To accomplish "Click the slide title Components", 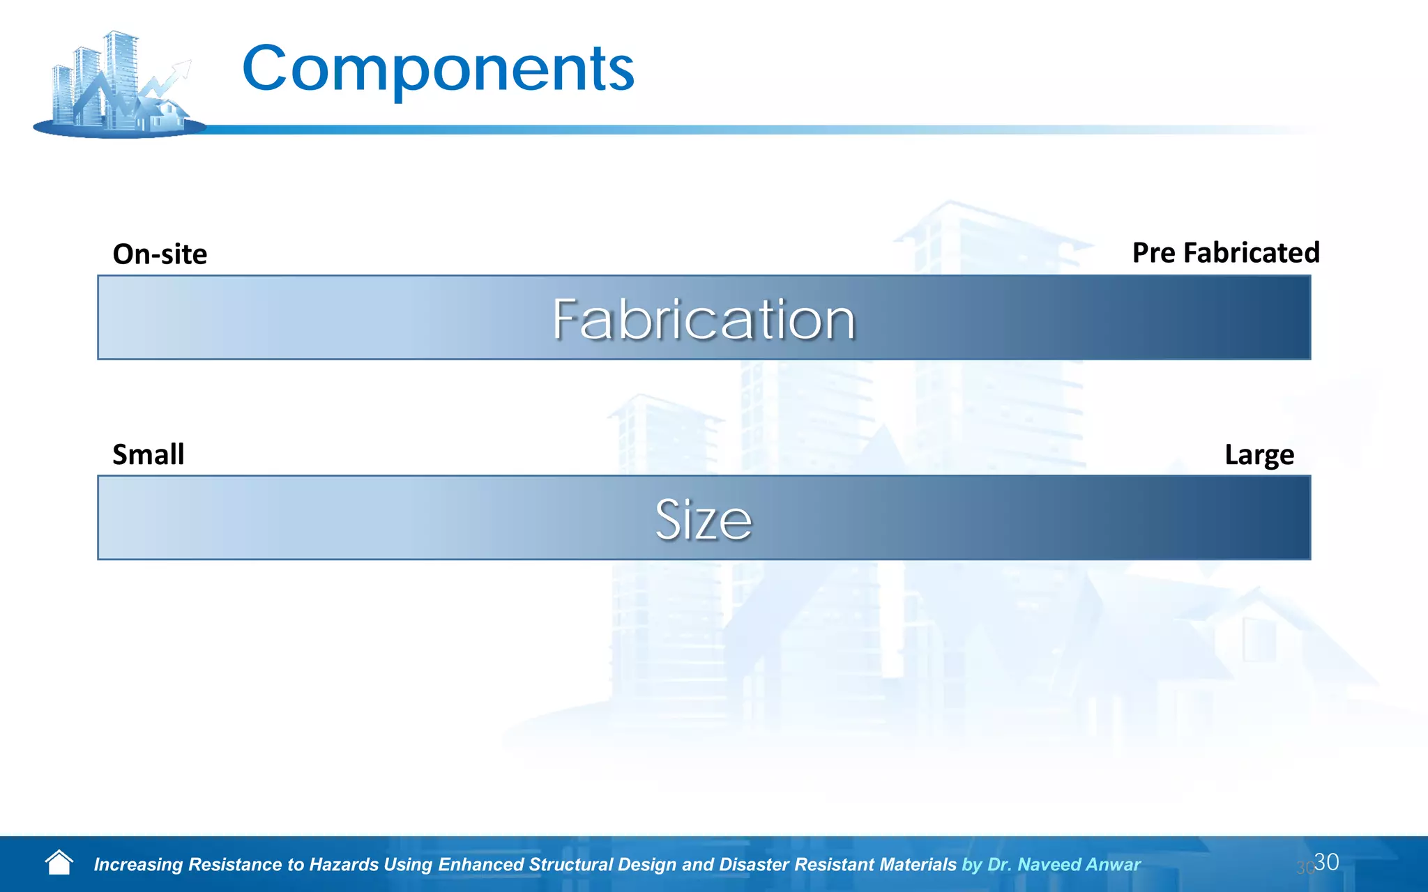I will pos(438,69).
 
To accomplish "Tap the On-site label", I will pos(160,254).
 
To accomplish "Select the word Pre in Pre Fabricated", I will pos(1153,253).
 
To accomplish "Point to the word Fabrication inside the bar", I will pos(703,319).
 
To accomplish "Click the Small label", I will pos(149,454).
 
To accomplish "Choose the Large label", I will pos(1259,455).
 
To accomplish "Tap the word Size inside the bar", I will pos(703,519).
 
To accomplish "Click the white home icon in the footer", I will pos(59,863).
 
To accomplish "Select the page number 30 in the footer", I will pos(1326,862).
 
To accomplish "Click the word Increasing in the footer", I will pos(138,865).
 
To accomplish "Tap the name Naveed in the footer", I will pos(1048,865).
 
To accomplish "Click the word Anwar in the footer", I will pos(1114,865).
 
